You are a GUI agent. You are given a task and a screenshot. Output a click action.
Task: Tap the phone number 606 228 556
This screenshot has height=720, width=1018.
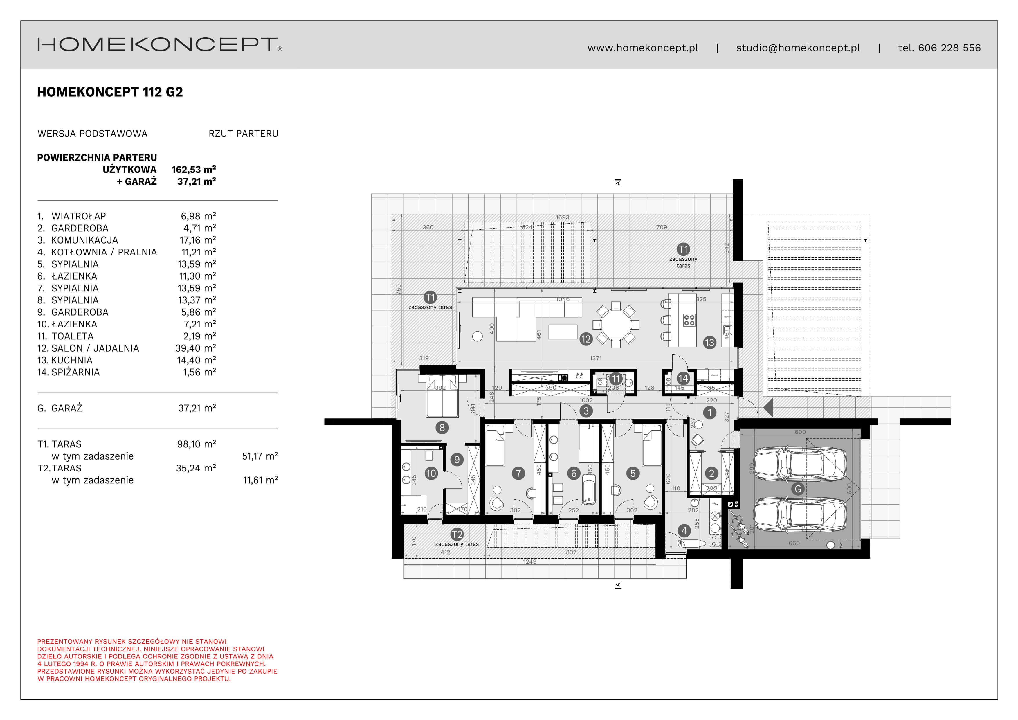click(949, 48)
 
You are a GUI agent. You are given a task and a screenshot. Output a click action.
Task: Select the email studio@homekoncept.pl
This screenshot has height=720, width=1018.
click(798, 48)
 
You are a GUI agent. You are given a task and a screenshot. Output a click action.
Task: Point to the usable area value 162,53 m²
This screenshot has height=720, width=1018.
click(194, 169)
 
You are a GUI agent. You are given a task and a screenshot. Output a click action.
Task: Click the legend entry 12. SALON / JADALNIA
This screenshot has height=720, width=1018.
click(88, 348)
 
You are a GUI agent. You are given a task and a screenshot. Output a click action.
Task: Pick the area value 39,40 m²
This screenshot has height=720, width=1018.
click(196, 348)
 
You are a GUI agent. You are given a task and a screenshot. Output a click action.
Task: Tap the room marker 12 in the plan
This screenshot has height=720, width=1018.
click(586, 339)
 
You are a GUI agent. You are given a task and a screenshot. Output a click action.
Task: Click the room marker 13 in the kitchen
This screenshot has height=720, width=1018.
click(709, 342)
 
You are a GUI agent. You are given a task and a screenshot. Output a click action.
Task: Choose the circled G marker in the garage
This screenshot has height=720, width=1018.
click(798, 489)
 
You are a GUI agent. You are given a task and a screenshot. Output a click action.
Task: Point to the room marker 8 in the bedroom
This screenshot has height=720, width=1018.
click(442, 427)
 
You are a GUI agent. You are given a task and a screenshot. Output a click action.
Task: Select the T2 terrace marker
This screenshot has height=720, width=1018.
click(457, 534)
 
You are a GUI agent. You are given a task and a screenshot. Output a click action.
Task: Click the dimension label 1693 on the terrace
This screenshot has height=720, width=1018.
click(562, 217)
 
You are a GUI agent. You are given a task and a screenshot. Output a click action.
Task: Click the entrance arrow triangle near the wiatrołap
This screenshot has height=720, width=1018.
click(769, 407)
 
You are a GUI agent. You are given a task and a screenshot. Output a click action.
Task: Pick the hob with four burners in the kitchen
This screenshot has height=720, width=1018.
click(689, 320)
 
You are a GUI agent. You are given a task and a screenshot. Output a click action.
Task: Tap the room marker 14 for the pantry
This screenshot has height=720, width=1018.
click(683, 379)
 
